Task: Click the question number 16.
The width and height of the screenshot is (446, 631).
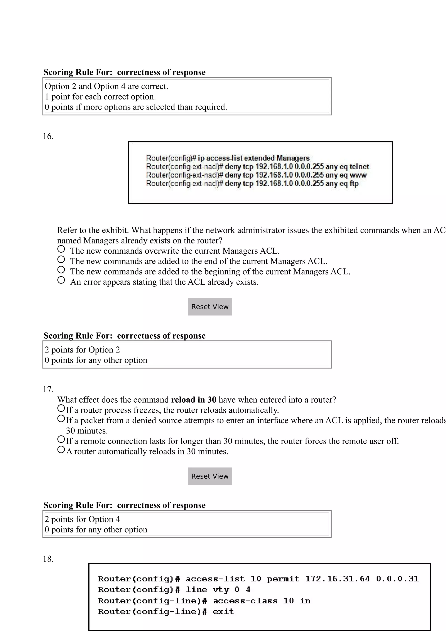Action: tap(48, 136)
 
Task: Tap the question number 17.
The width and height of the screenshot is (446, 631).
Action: tap(48, 390)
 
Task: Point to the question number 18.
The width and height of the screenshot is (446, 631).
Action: tap(48, 559)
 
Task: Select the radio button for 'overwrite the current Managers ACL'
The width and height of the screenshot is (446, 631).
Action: tap(61, 249)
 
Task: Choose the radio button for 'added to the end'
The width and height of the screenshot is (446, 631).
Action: tap(61, 260)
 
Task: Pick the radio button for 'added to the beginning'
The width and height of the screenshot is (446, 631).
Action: tap(61, 270)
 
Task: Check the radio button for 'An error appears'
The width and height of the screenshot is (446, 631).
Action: tap(61, 280)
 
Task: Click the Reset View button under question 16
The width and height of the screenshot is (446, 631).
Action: tap(210, 307)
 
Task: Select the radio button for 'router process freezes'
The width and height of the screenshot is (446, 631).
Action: tap(61, 408)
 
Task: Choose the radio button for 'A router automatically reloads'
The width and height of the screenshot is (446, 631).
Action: tap(61, 450)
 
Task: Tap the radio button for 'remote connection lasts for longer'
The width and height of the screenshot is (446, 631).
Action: tap(61, 439)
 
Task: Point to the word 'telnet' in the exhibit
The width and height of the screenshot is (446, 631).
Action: tap(359, 167)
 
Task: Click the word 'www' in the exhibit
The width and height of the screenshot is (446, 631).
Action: tap(358, 175)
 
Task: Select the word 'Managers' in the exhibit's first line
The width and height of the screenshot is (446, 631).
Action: tap(293, 158)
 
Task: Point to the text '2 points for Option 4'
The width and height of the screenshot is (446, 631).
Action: tap(83, 520)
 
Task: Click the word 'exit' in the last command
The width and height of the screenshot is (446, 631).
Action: tap(223, 612)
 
